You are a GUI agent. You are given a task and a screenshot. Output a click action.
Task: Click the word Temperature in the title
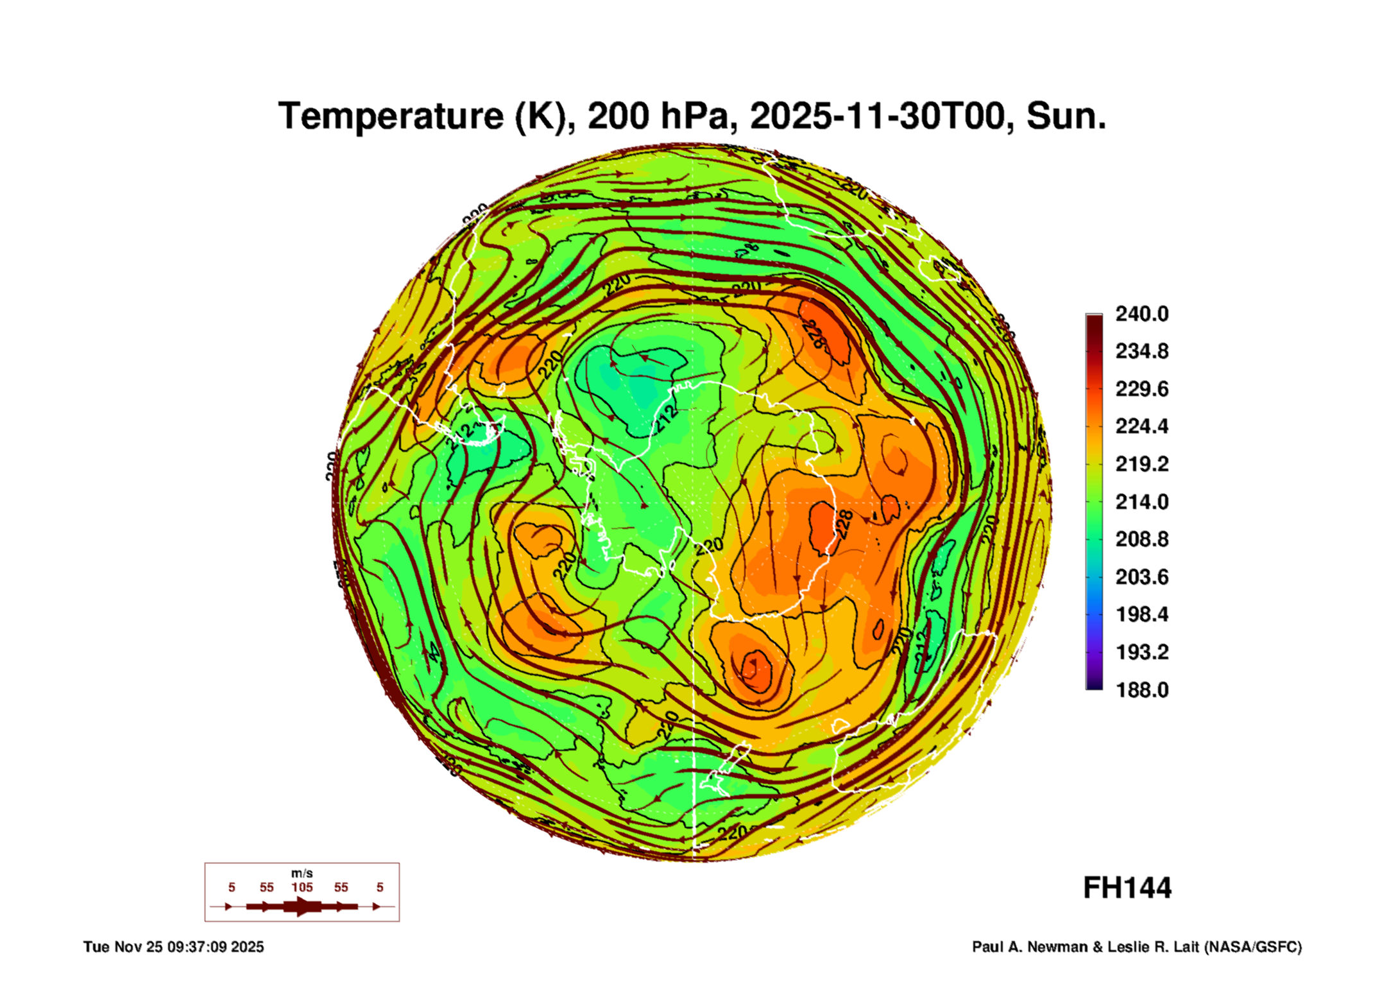tap(391, 117)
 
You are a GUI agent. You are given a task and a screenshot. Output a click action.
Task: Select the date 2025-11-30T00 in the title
tap(877, 117)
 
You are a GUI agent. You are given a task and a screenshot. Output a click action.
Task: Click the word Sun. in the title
tap(1066, 117)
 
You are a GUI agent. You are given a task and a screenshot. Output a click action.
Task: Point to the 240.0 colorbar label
tap(1141, 314)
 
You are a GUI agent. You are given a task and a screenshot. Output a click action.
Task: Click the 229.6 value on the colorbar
tap(1141, 389)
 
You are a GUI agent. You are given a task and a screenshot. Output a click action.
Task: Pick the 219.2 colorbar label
tap(1141, 464)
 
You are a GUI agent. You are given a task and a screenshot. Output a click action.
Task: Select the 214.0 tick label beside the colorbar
tap(1141, 501)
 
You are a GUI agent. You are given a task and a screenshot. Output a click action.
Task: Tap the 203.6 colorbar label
tap(1141, 577)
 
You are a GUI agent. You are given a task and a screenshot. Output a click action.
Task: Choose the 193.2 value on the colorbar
tap(1141, 652)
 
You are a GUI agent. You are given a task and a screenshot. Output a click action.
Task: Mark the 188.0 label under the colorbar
tap(1141, 690)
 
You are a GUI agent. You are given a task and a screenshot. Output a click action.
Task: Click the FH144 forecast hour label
tap(1127, 888)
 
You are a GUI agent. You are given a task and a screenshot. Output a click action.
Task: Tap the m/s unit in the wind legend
tap(302, 873)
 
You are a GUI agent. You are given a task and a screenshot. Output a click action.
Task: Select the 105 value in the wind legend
tap(302, 887)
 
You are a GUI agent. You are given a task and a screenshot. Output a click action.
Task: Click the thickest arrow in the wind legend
tap(302, 906)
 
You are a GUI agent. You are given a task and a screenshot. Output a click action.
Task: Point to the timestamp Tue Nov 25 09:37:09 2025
tap(173, 947)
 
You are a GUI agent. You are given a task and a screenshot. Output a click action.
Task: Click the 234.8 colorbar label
tap(1141, 351)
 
